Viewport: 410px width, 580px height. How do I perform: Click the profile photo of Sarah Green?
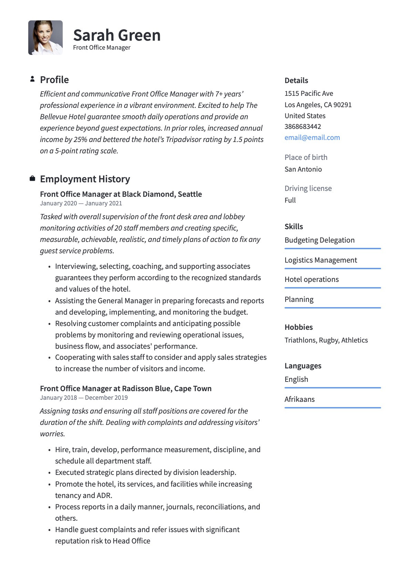(x=45, y=38)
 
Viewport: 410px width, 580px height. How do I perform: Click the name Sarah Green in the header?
(x=117, y=35)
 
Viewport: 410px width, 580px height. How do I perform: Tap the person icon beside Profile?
(x=32, y=79)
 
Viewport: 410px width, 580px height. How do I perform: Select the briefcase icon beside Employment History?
(x=32, y=179)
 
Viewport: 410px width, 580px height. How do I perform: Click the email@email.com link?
(x=312, y=138)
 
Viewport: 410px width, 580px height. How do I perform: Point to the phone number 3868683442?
(x=303, y=126)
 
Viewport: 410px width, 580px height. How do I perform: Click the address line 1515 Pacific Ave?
(x=309, y=93)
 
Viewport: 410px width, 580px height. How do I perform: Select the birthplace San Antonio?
(x=303, y=169)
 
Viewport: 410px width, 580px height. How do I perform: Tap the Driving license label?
(x=308, y=188)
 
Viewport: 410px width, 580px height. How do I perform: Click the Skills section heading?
(x=294, y=226)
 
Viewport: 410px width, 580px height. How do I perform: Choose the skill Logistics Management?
(x=321, y=260)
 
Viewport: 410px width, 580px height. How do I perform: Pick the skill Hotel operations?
(x=311, y=279)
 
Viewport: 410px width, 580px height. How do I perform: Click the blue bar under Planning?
(x=332, y=308)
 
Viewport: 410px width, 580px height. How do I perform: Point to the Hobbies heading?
(x=298, y=327)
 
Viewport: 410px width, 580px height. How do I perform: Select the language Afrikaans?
(x=299, y=399)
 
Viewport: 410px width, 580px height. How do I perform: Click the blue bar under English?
(x=332, y=388)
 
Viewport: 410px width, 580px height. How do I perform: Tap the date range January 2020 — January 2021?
(x=81, y=203)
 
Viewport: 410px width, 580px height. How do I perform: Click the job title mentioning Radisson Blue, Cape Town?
(x=126, y=388)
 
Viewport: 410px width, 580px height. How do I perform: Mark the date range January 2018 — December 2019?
(x=84, y=398)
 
